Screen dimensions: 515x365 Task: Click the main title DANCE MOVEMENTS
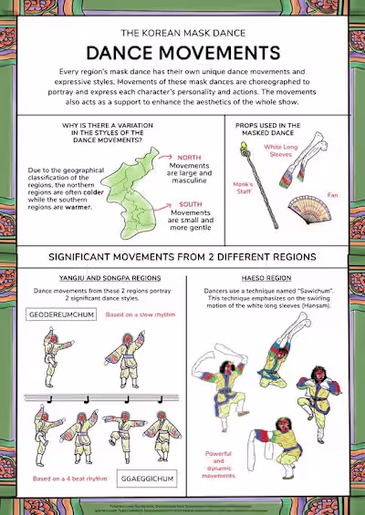[182, 52]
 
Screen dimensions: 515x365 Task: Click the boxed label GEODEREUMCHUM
[60, 315]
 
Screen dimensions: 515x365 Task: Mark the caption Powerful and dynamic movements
[218, 462]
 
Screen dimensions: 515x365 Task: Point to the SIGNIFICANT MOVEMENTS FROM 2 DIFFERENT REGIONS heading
[182, 256]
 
